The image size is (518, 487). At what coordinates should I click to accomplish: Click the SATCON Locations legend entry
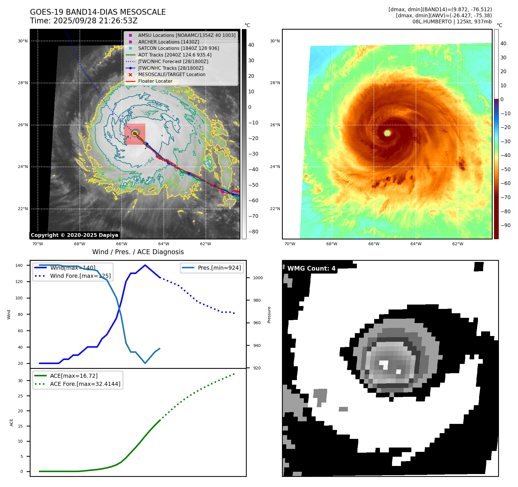[x=178, y=48]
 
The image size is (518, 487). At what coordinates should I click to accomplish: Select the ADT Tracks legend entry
[x=175, y=55]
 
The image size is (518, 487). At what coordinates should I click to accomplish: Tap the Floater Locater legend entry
[x=155, y=81]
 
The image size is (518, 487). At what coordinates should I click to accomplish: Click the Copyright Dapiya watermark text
[x=74, y=235]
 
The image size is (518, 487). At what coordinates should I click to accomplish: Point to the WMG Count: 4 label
[x=311, y=269]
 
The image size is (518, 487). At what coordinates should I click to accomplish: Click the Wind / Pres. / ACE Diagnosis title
[x=138, y=252]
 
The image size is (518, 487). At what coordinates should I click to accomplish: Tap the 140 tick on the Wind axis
[x=19, y=265]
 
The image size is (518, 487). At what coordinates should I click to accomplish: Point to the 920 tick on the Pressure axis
[x=257, y=368]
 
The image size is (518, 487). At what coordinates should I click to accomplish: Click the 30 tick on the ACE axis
[x=20, y=381]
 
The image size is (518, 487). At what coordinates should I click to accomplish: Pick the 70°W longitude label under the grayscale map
[x=37, y=244]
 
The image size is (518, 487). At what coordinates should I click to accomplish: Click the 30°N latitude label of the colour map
[x=275, y=41]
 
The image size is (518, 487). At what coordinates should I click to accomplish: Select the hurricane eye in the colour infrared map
[x=387, y=133]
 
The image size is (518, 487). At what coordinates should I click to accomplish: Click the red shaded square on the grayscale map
[x=135, y=134]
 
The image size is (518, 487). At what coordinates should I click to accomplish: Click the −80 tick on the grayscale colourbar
[x=253, y=232]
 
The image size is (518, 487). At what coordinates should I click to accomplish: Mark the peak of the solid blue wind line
[x=145, y=265]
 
